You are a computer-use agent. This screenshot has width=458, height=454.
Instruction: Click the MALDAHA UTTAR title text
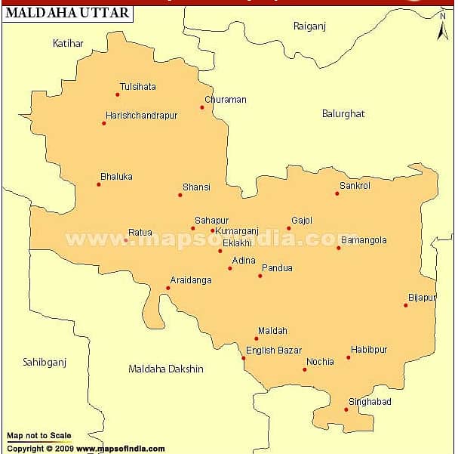[x=68, y=13]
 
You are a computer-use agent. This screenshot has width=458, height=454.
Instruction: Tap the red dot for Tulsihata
[x=118, y=94]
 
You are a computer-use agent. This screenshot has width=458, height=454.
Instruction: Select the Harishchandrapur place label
[x=142, y=116]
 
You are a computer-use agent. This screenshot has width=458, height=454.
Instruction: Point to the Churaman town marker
[x=202, y=107]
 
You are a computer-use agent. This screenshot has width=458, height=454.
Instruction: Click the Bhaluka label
[x=116, y=177]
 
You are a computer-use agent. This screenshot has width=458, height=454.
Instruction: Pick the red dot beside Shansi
[x=180, y=195]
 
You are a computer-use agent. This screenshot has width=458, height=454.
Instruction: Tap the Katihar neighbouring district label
[x=68, y=43]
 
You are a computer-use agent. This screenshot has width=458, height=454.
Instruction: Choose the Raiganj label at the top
[x=308, y=26]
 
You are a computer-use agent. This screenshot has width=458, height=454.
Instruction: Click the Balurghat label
[x=343, y=113]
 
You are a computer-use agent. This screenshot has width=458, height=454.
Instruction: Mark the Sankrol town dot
[x=337, y=193]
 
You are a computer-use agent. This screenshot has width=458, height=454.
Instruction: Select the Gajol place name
[x=302, y=221]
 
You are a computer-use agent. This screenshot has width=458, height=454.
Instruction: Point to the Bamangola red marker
[x=339, y=248]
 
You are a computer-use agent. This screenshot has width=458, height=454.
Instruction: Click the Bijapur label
[x=422, y=298]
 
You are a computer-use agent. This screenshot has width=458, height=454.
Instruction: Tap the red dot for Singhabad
[x=346, y=409]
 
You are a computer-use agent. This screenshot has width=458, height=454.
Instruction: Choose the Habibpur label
[x=369, y=350]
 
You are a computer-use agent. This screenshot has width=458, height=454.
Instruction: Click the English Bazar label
[x=274, y=351]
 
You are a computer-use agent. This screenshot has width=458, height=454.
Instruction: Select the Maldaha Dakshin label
[x=166, y=369]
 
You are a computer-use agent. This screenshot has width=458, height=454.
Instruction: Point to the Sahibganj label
[x=45, y=362]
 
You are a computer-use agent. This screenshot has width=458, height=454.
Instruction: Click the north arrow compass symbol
[x=443, y=29]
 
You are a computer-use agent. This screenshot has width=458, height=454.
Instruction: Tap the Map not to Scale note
[x=39, y=436]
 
